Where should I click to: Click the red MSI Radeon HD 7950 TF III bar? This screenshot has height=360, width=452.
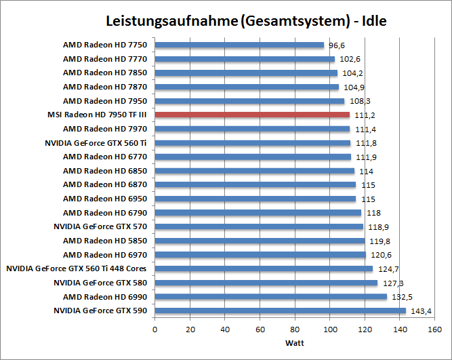[x=252, y=115]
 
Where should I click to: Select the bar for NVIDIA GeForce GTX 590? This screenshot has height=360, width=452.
[x=280, y=311]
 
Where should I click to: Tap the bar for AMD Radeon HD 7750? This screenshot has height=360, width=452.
[x=239, y=45]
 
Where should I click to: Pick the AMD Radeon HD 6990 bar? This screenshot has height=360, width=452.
[x=270, y=297]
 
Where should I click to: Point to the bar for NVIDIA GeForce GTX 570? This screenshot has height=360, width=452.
[x=259, y=226]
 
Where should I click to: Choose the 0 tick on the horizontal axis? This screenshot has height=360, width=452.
[x=155, y=329]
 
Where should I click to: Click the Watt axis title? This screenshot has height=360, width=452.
[x=295, y=342]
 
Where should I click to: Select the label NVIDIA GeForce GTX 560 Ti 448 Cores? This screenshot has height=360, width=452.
[x=77, y=268]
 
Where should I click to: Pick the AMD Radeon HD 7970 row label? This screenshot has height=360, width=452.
[x=105, y=129]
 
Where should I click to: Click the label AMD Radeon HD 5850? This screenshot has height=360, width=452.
[x=105, y=241]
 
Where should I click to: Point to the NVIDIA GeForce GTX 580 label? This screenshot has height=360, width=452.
[x=100, y=283]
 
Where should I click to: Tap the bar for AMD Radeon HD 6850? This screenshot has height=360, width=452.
[x=255, y=171]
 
